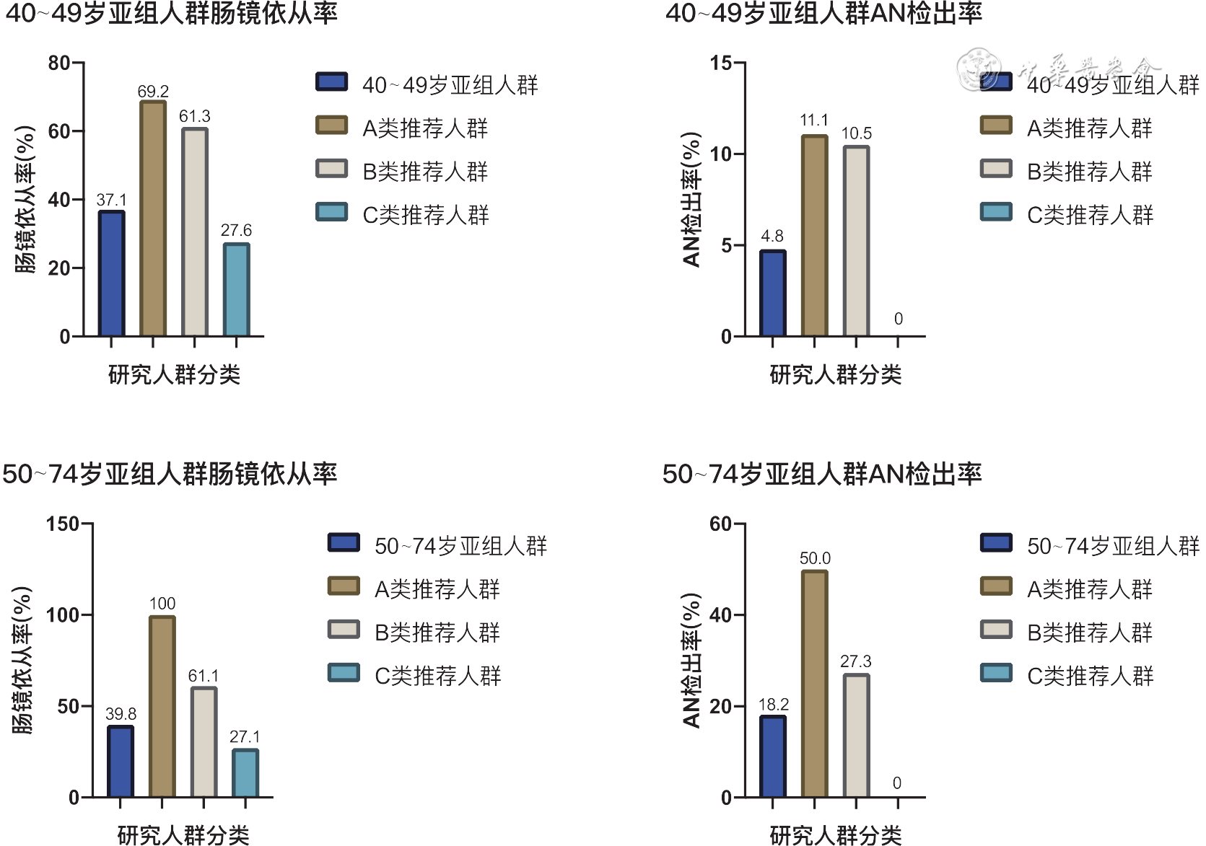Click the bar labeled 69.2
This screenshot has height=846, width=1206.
[x=153, y=219]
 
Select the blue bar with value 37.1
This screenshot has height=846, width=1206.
[x=111, y=274]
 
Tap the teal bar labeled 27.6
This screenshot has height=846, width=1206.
[x=236, y=290]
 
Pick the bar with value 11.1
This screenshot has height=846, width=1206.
[x=814, y=236]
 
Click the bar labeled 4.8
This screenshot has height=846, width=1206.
[x=772, y=294]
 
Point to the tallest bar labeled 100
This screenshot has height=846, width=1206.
[x=162, y=707]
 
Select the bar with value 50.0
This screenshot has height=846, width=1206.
[x=814, y=684]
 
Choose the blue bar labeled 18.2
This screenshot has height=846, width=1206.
[x=772, y=757]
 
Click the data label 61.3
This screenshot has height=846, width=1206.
[x=195, y=116]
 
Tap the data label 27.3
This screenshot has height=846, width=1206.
[x=855, y=661]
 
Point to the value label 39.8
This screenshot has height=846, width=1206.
[x=121, y=714]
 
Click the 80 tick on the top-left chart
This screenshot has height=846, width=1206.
[x=59, y=63]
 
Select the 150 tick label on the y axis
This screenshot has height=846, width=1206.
[x=62, y=524]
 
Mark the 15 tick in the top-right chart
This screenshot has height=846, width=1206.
[x=721, y=63]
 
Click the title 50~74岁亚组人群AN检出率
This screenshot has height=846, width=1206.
[x=822, y=474]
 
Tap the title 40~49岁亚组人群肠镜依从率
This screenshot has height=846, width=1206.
[x=171, y=14]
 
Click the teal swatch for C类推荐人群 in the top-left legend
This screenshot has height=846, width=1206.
[x=331, y=212]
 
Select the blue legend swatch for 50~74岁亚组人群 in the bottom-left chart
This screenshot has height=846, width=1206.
[x=344, y=542]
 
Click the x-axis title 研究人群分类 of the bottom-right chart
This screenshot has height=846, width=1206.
[x=835, y=835]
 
